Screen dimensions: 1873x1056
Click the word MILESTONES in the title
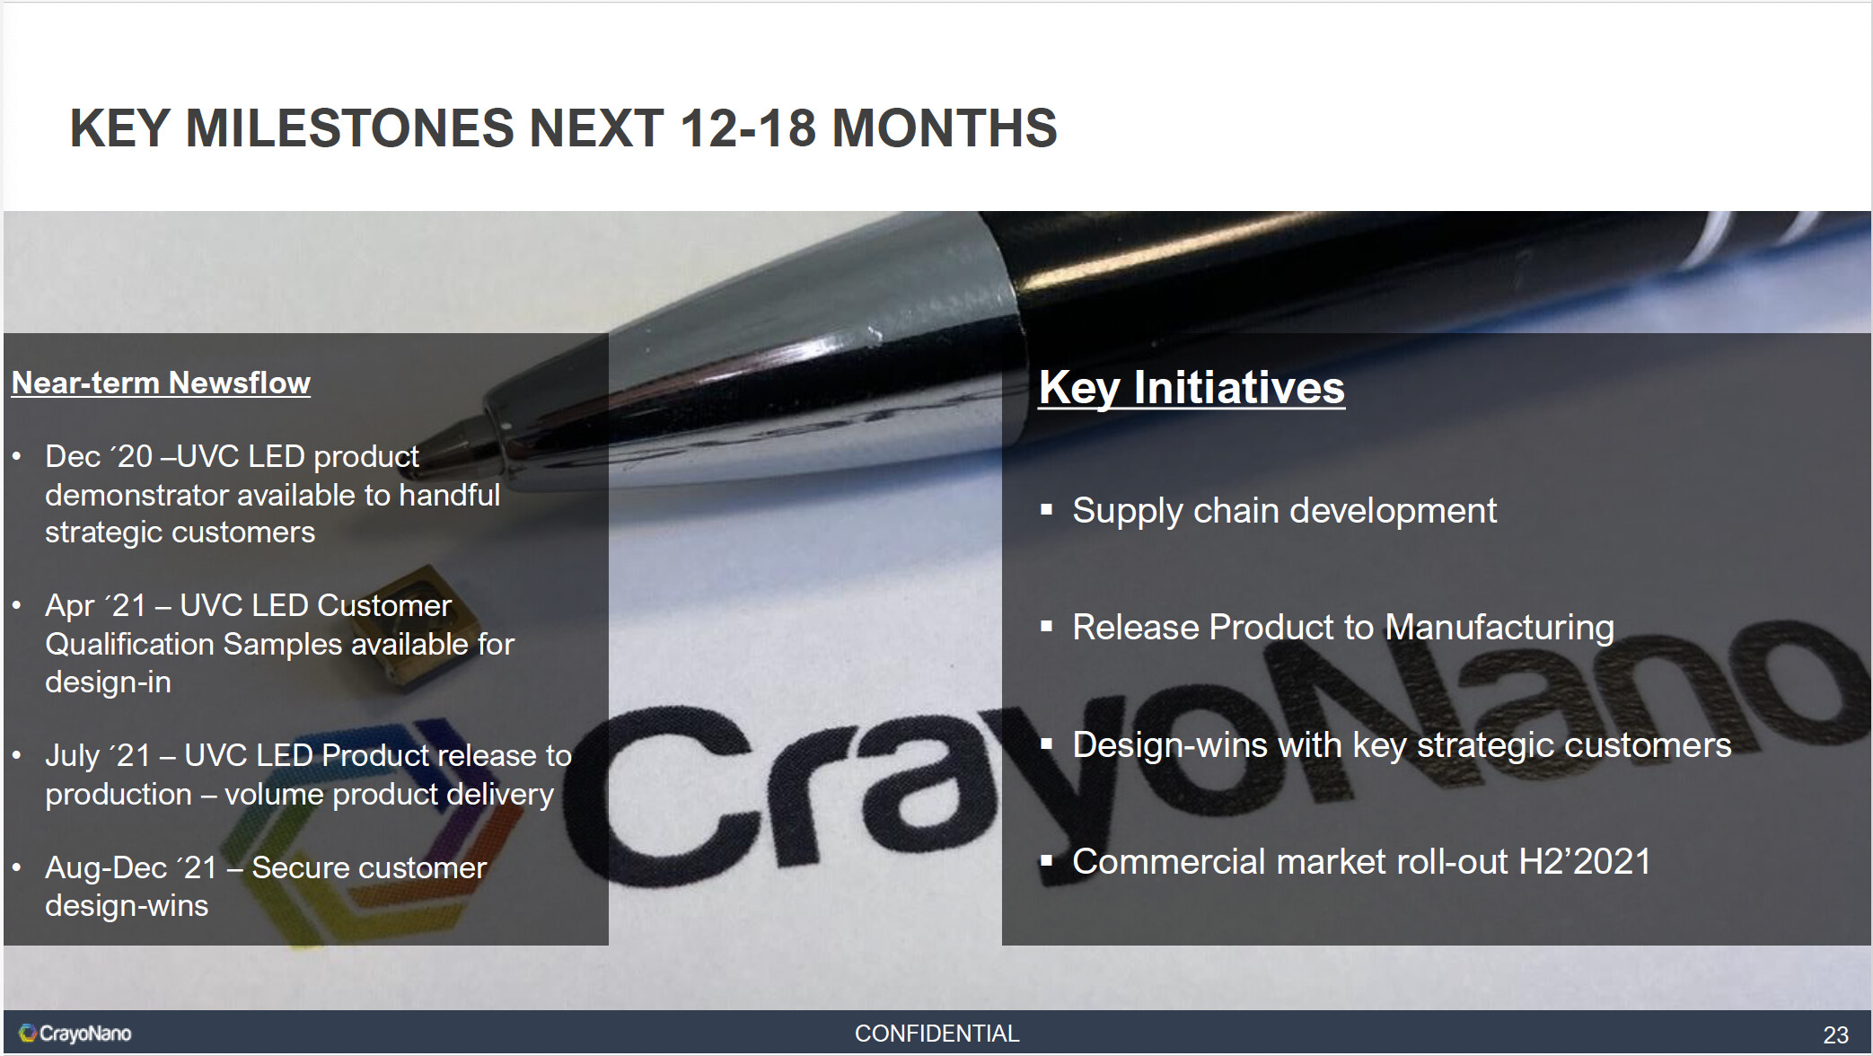pyautogui.click(x=350, y=128)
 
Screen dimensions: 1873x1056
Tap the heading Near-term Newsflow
pyautogui.click(x=161, y=383)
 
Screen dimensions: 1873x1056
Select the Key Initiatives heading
pyautogui.click(x=1192, y=389)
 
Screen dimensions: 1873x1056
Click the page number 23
pyautogui.click(x=1835, y=1034)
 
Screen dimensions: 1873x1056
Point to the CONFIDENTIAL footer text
pyautogui.click(x=936, y=1034)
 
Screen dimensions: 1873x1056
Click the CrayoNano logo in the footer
pyautogui.click(x=75, y=1034)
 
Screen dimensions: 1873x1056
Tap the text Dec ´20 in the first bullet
pyautogui.click(x=99, y=456)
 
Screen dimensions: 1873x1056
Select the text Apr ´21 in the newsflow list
pyautogui.click(x=95, y=606)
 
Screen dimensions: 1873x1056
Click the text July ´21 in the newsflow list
pyautogui.click(x=98, y=756)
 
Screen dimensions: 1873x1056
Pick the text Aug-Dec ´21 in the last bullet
pyautogui.click(x=131, y=868)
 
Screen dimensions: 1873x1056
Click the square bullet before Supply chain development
pyautogui.click(x=1046, y=510)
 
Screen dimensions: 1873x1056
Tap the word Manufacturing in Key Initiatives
pyautogui.click(x=1499, y=628)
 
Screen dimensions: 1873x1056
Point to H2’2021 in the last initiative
pyautogui.click(x=1585, y=862)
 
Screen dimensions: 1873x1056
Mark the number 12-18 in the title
pyautogui.click(x=748, y=128)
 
